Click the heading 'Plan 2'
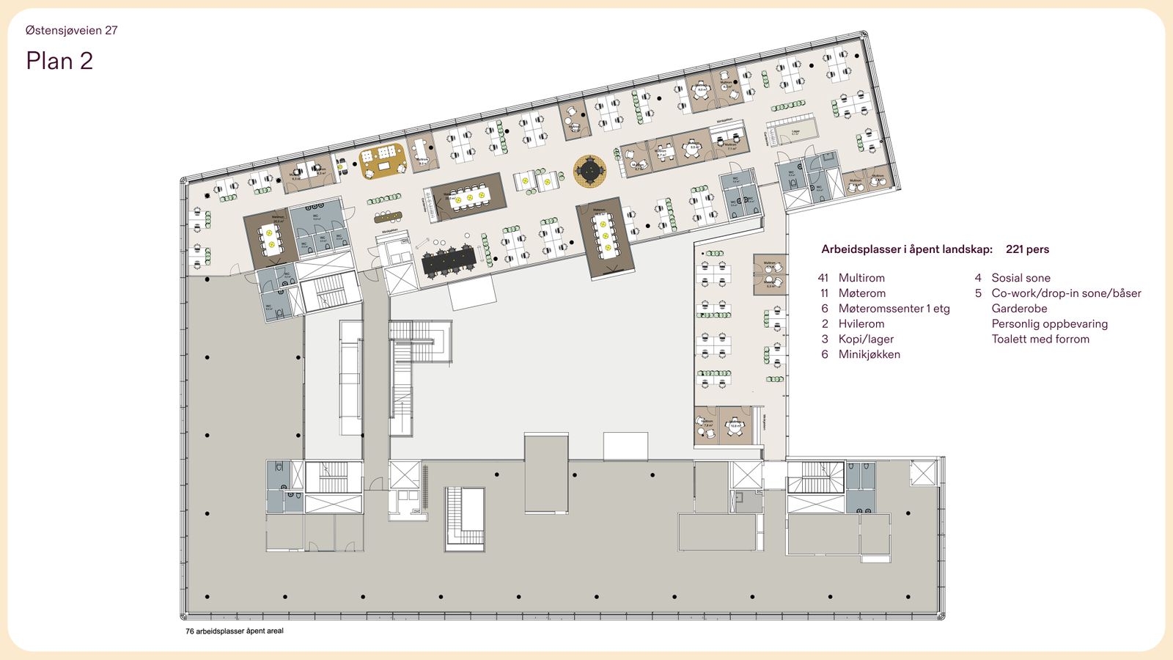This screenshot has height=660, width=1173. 59,61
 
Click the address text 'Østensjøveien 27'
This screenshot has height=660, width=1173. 71,30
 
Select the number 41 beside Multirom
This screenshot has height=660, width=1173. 823,278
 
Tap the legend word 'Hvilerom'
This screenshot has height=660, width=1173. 861,323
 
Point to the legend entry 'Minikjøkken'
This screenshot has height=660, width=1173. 869,354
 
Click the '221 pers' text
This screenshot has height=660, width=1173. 1026,249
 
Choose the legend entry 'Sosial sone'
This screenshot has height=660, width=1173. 1021,278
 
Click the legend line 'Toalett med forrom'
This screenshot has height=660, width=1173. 1040,339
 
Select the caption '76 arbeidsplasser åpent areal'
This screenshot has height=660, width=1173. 234,631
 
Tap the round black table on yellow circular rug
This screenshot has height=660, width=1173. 589,171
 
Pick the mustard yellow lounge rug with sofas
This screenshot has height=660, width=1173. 383,161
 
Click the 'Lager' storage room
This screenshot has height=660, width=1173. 795,133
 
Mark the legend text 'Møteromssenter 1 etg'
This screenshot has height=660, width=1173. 894,309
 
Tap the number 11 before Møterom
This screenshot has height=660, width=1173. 824,293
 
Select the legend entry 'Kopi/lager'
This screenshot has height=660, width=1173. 866,339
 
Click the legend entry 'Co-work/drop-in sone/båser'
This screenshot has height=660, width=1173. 1066,293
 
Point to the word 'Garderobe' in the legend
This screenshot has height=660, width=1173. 1019,309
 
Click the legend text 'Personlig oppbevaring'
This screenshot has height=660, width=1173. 1049,323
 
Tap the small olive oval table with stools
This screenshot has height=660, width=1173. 388,216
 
